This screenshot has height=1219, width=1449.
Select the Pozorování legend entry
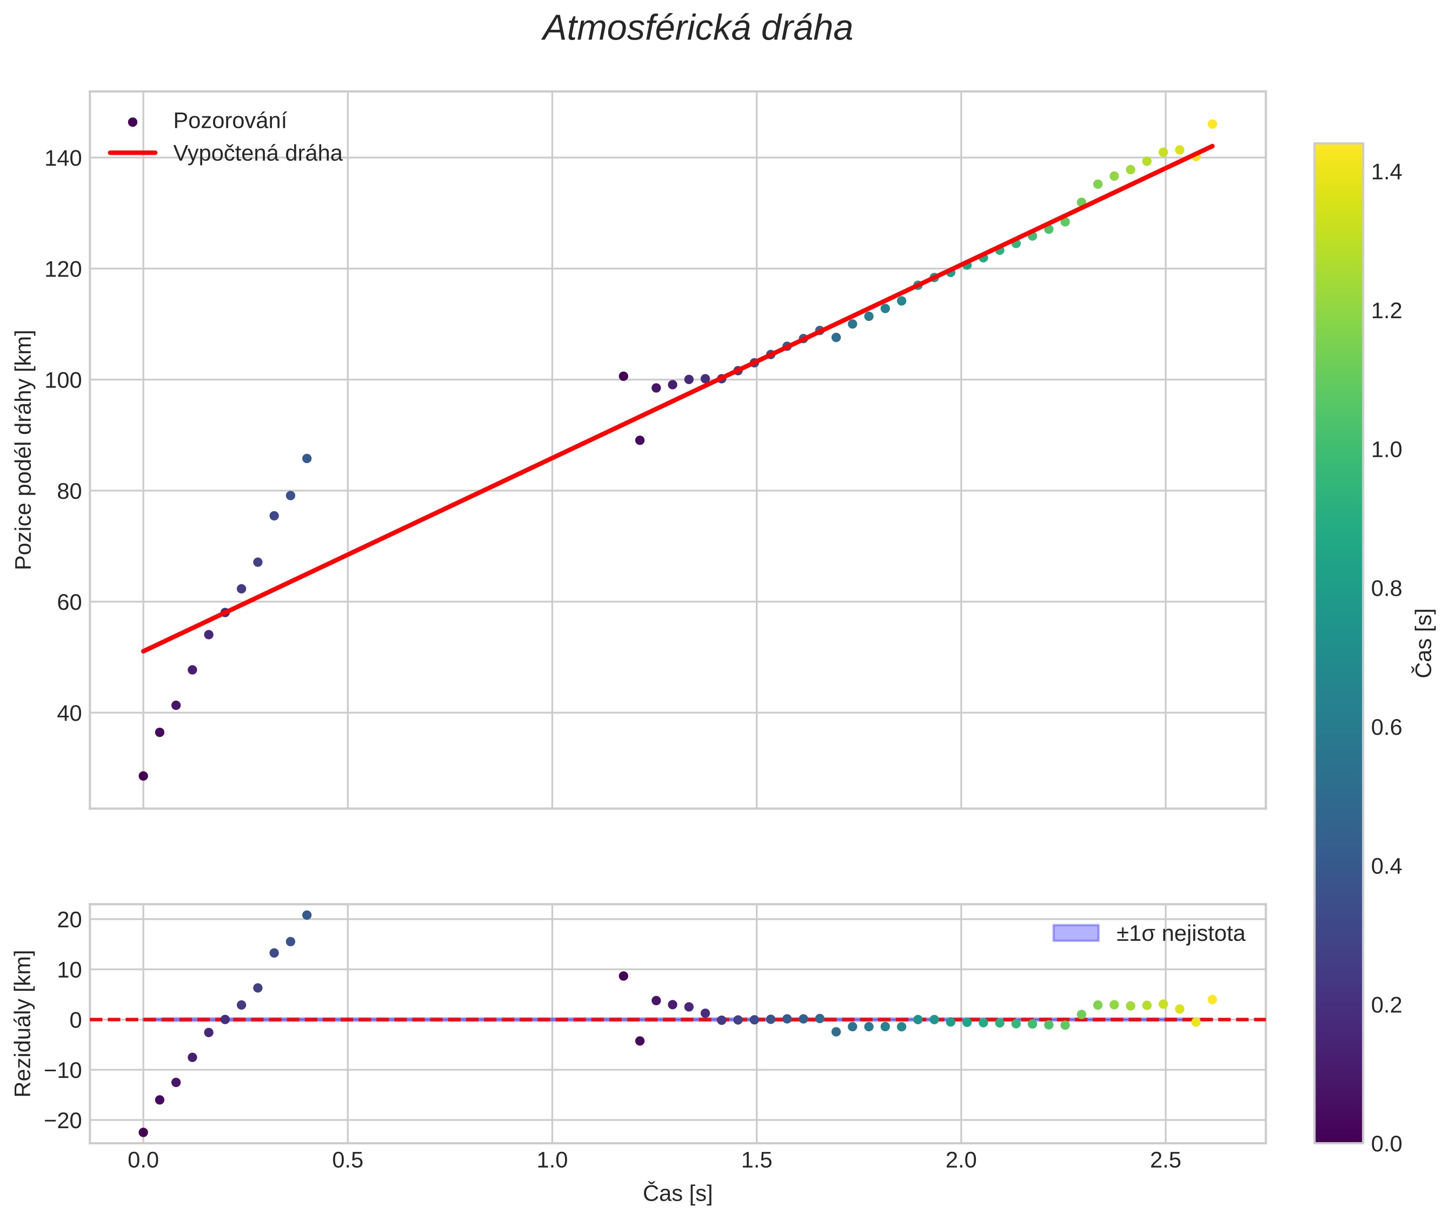tap(229, 121)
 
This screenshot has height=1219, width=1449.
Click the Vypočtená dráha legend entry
tap(257, 154)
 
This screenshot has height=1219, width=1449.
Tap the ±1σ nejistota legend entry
tap(1180, 934)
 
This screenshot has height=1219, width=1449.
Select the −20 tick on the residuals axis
tap(63, 1120)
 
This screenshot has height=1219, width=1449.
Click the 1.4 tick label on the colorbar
tap(1386, 172)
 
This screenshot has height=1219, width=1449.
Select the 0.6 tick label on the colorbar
tap(1386, 728)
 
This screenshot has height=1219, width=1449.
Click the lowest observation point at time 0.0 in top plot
tap(143, 776)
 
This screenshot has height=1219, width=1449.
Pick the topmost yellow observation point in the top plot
tap(1212, 124)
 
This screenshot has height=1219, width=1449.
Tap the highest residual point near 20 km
tap(307, 915)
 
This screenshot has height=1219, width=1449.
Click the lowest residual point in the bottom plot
tap(143, 1132)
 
